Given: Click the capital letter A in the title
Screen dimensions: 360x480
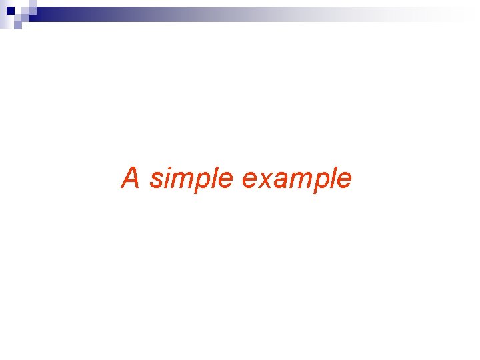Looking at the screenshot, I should [131, 178].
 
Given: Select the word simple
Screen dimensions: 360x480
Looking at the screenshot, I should [191, 179].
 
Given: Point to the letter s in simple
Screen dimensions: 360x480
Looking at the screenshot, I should [155, 179].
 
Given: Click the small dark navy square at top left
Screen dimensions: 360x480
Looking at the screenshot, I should [10, 11].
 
